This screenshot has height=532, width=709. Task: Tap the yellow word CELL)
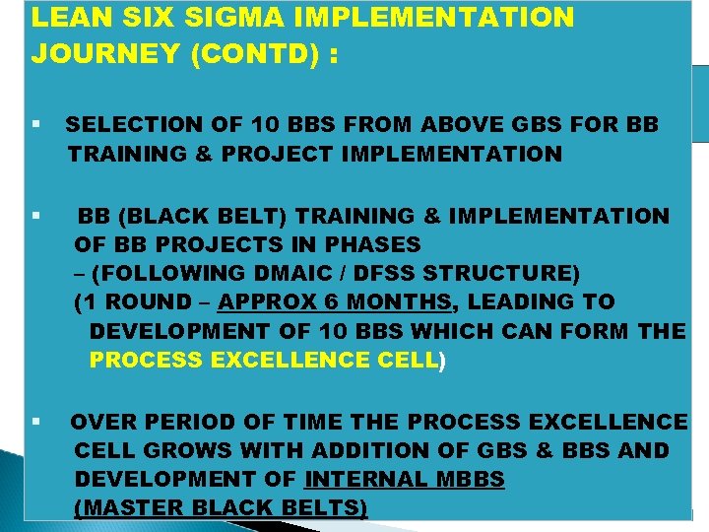410,360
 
